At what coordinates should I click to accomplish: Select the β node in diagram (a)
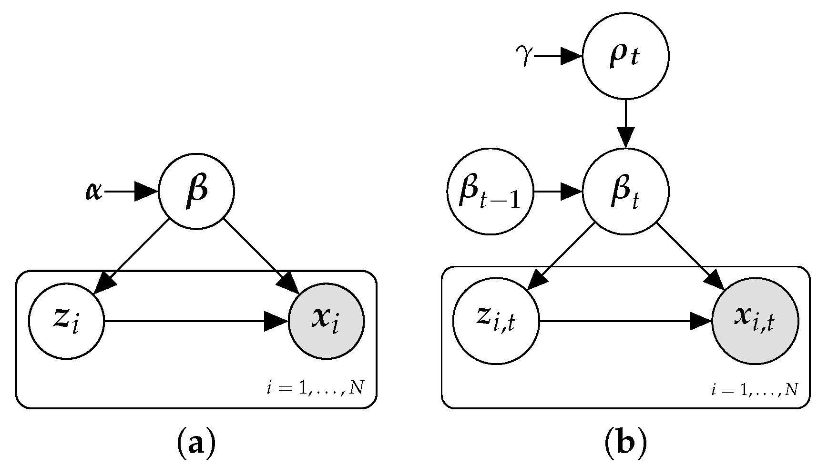pos(196,192)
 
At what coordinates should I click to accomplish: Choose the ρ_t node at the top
pos(625,56)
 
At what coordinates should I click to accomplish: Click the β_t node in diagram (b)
pos(625,192)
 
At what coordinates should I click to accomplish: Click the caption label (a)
pos(196,444)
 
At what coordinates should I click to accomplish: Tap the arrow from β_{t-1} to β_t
pos(558,192)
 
